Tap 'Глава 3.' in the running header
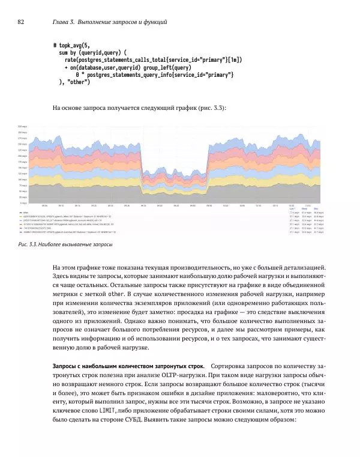pos(64,22)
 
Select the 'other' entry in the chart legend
pos(25,213)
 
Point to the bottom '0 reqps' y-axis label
pos(23,202)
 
